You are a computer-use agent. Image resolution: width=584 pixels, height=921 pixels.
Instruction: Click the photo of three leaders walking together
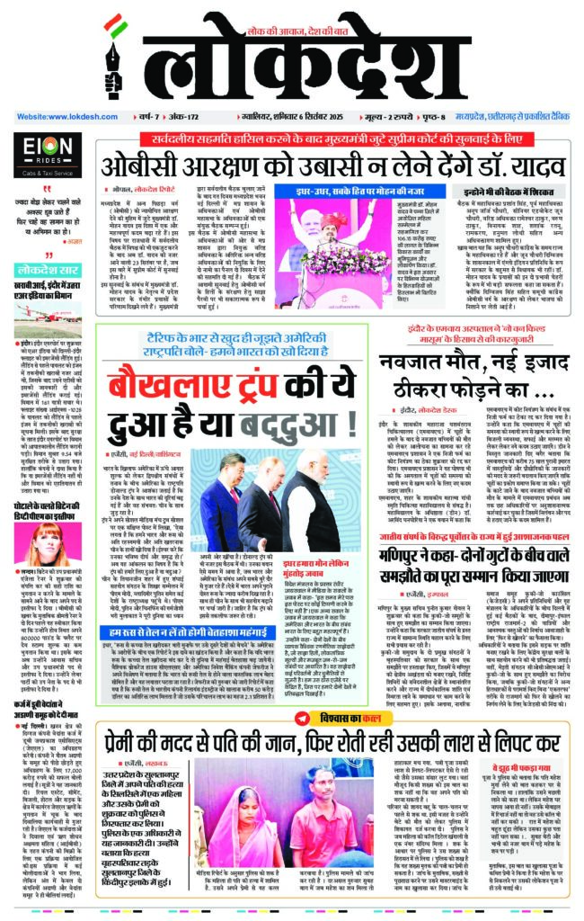[x=261, y=491]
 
